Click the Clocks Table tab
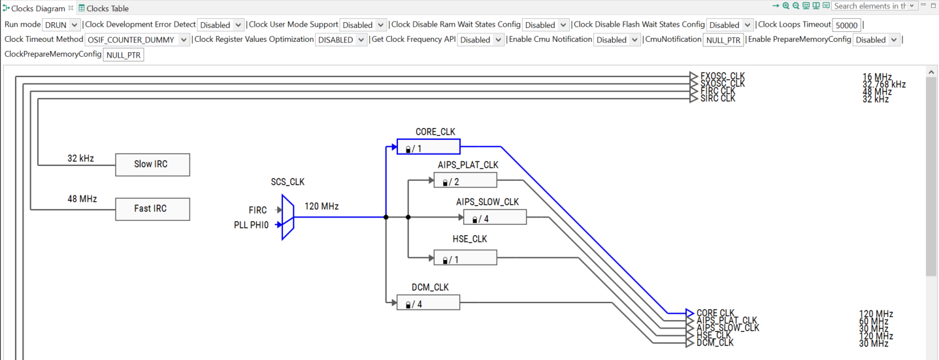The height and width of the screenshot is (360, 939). point(107,8)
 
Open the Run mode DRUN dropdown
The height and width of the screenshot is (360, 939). point(61,25)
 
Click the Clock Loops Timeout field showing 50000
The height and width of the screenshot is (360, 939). point(847,25)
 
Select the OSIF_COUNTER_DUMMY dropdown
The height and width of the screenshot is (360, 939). point(138,40)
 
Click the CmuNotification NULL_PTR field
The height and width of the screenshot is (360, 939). point(723,40)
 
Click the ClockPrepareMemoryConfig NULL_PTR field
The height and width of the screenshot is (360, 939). point(124,55)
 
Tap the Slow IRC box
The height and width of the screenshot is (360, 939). point(152,165)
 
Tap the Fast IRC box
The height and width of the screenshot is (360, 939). point(152,209)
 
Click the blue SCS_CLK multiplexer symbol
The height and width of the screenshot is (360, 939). point(288,217)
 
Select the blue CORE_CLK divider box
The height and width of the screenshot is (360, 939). point(428,146)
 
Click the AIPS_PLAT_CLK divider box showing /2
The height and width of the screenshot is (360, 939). point(465,180)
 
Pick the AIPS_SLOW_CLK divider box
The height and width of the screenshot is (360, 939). point(495,218)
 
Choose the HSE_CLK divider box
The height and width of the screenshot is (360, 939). point(465,258)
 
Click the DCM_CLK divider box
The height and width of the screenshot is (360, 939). point(428,303)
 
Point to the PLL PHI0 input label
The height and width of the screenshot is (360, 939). point(251,225)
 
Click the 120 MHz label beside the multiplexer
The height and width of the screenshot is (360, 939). point(321,206)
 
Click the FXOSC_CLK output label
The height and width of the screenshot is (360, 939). point(722,76)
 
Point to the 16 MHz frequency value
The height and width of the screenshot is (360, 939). point(877,77)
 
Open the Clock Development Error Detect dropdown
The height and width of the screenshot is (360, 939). point(221,25)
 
